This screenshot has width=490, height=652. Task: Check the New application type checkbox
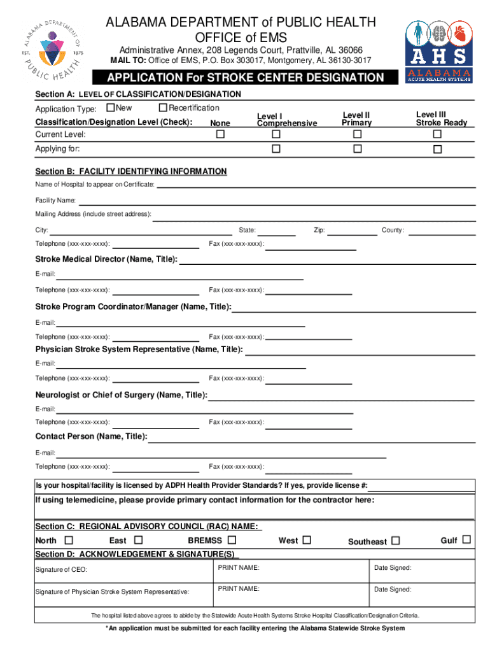coord(110,108)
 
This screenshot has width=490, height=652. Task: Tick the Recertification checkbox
coord(163,108)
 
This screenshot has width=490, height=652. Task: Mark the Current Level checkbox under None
coord(220,135)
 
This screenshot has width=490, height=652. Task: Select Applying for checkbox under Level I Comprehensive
coord(276,149)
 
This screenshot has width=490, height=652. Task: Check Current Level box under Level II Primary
coord(357,135)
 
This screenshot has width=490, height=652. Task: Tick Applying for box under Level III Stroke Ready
coord(437,150)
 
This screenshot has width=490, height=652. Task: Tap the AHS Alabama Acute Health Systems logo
coord(439,50)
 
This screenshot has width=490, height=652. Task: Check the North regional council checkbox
coord(60,541)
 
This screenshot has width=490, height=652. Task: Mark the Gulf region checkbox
coord(466,540)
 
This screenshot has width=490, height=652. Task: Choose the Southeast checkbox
coord(396,541)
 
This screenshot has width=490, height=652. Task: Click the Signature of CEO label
coord(62,569)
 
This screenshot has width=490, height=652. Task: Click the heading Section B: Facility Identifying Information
coord(130,171)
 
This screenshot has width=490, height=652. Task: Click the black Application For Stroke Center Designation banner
coord(246,78)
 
